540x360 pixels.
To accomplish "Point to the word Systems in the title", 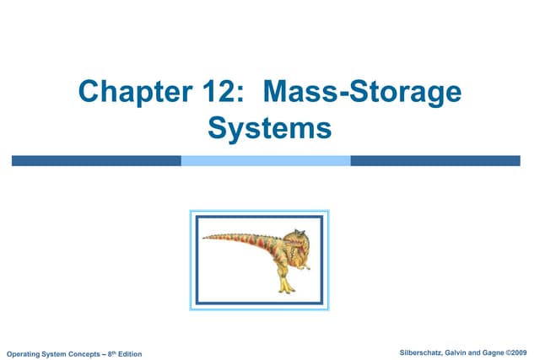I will (x=269, y=131).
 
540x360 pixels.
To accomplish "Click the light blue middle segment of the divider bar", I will (x=266, y=160).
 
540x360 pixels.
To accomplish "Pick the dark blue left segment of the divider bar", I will (x=96, y=160).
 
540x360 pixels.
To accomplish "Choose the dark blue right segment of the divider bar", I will (x=435, y=160).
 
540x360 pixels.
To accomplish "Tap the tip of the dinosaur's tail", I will (x=205, y=239).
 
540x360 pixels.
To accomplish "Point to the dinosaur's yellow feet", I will (x=288, y=287).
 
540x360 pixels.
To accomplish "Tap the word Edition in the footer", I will (x=130, y=352).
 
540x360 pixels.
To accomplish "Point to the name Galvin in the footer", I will (x=465, y=351).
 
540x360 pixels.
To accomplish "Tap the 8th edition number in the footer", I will (x=111, y=352).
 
